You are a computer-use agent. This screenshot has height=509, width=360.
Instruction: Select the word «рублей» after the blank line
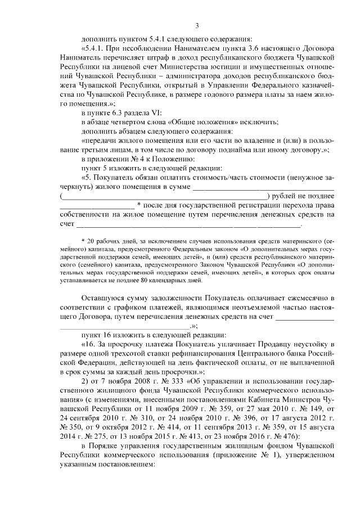285,196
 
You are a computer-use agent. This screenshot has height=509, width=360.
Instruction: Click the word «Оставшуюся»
102,296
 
